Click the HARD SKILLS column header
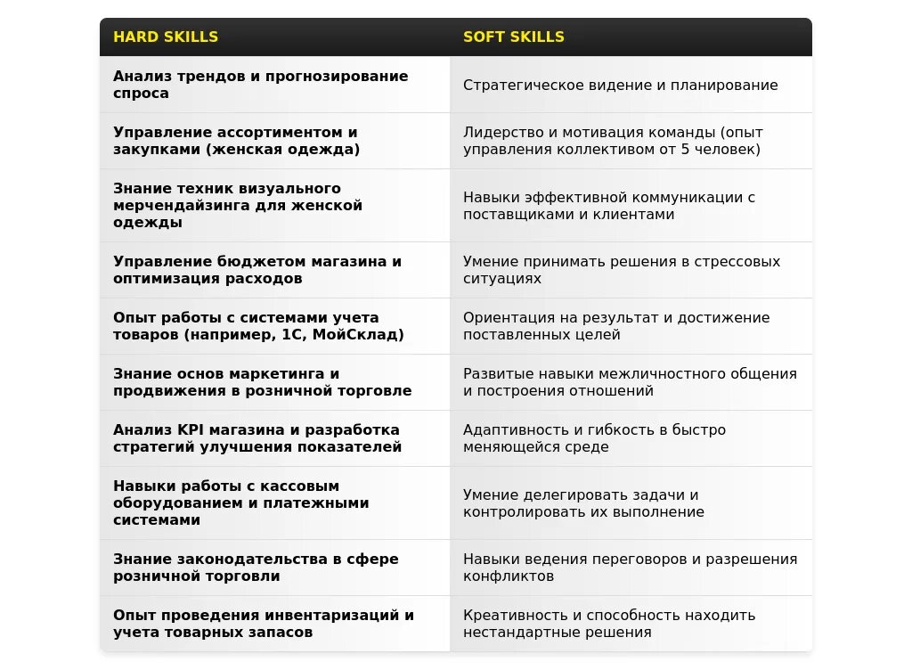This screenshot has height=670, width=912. (x=166, y=37)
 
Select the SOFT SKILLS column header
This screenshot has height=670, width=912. (x=514, y=37)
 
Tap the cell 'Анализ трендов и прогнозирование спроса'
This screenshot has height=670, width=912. (x=261, y=85)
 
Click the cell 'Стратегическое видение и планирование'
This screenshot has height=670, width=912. (x=620, y=86)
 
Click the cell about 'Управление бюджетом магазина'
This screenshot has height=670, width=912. (x=257, y=270)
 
